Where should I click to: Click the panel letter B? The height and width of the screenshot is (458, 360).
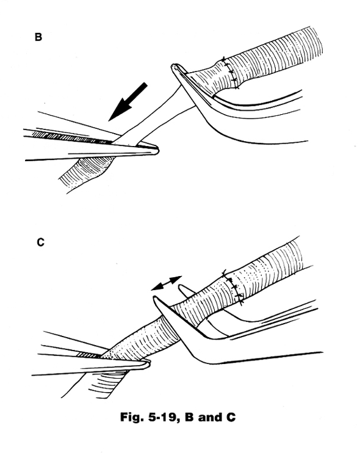(38, 37)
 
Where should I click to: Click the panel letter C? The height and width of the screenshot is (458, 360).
(41, 242)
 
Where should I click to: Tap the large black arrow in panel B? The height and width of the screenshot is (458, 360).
(128, 101)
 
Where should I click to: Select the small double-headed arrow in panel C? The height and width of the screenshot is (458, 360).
(167, 283)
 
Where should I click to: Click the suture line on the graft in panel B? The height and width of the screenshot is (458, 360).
(231, 73)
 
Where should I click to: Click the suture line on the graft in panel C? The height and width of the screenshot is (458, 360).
(233, 288)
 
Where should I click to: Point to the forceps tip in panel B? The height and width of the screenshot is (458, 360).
(157, 151)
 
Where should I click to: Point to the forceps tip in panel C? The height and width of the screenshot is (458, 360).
(148, 364)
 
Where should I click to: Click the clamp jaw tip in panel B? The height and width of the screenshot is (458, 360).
(174, 67)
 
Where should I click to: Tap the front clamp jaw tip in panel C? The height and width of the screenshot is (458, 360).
(155, 298)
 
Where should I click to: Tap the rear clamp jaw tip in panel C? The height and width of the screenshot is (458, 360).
(181, 287)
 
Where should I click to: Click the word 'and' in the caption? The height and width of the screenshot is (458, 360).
(210, 417)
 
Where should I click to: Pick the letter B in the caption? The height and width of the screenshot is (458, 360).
(189, 417)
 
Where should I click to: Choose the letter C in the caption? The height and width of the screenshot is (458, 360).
(231, 417)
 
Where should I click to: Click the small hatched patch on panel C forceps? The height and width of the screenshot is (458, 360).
(88, 355)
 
